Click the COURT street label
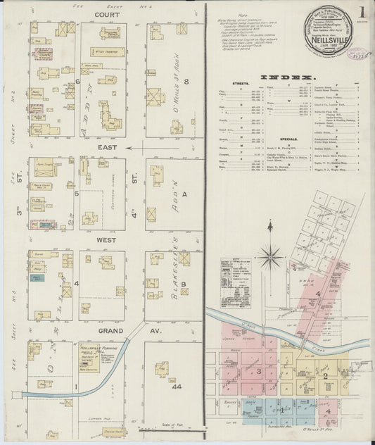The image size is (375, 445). point(107,13)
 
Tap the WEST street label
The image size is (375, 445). point(106,239)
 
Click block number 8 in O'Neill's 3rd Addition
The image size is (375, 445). point(186,82)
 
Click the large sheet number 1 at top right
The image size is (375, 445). point(361,13)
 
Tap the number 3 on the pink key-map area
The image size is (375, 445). point(259,370)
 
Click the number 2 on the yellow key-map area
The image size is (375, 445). point(325,376)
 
